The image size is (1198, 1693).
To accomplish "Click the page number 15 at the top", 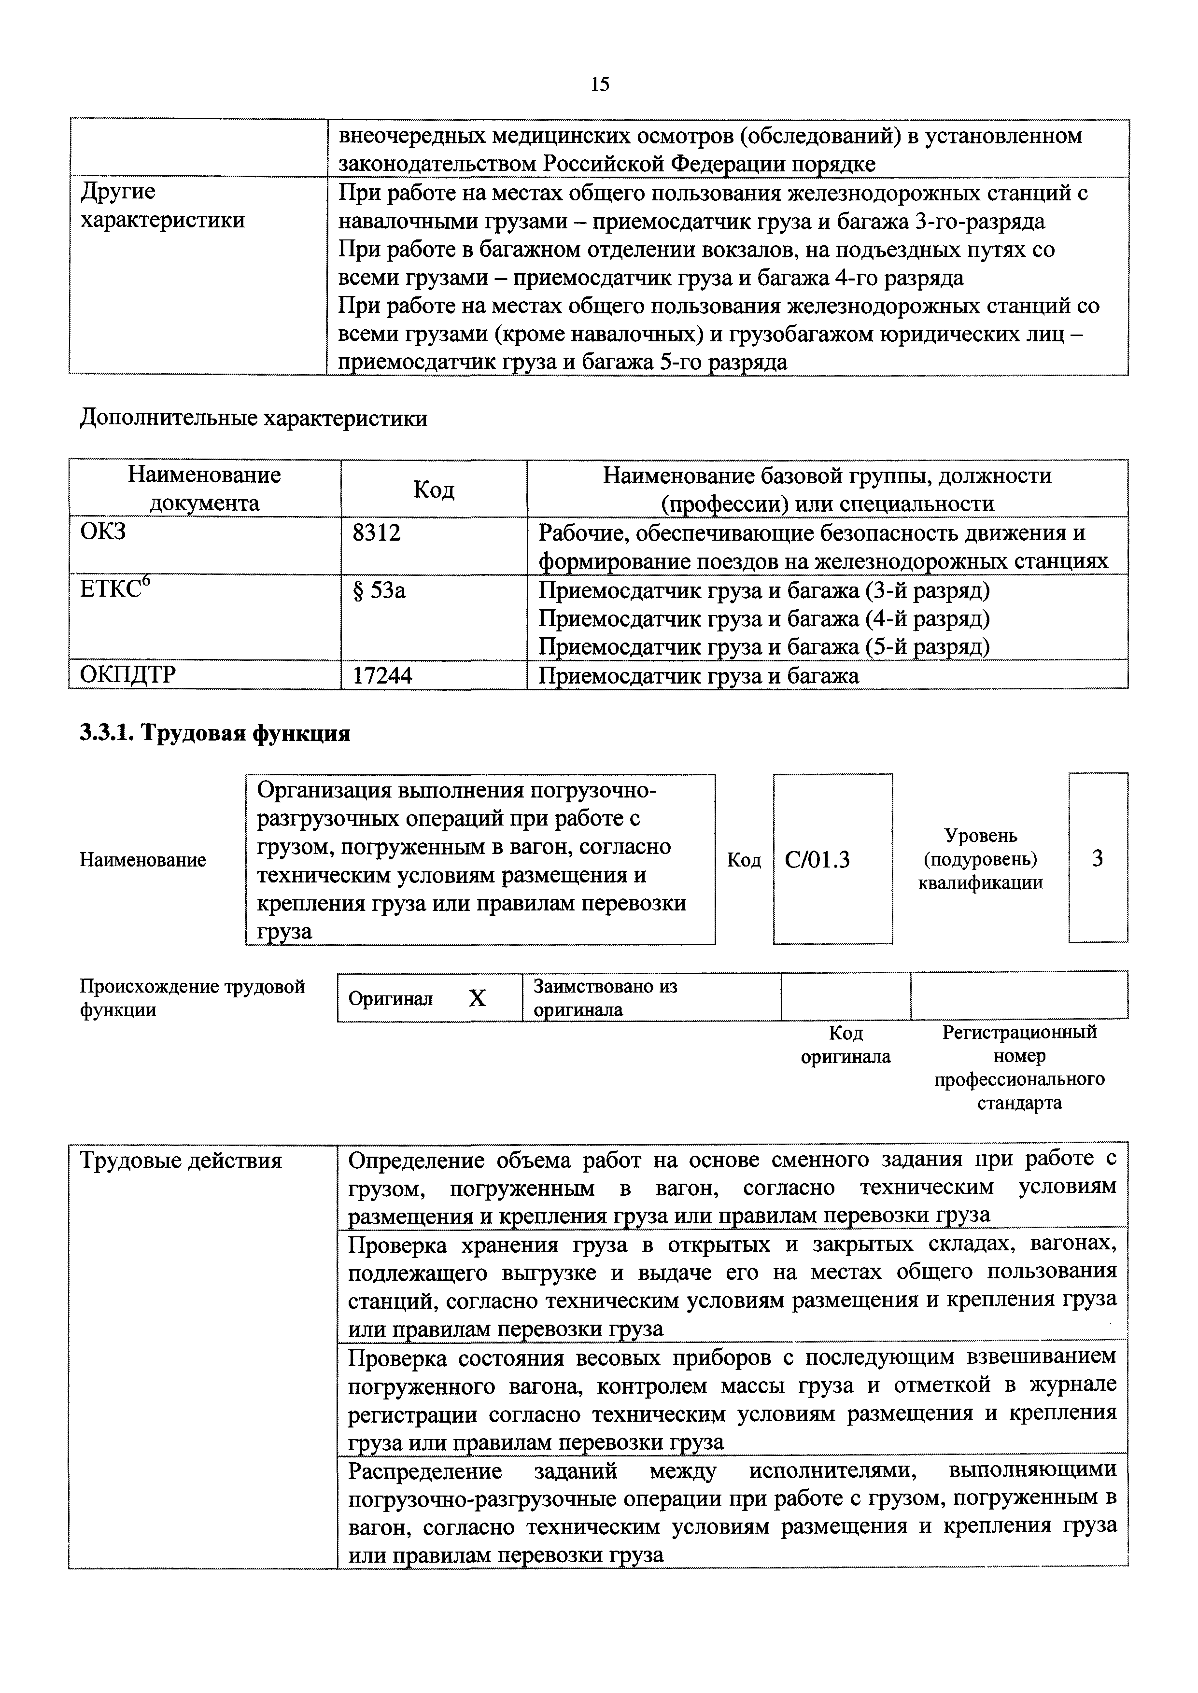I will (600, 84).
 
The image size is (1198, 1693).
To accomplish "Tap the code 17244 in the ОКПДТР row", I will (382, 675).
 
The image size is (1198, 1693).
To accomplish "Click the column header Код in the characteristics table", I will (434, 490).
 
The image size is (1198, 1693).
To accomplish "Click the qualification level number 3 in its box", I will (1097, 858).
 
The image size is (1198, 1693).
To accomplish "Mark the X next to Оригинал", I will (477, 998).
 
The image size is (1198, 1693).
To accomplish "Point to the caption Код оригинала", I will (846, 1045).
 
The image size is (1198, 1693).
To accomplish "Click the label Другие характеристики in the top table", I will (162, 206).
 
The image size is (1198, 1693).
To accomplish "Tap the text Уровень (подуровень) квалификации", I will (980, 859).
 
